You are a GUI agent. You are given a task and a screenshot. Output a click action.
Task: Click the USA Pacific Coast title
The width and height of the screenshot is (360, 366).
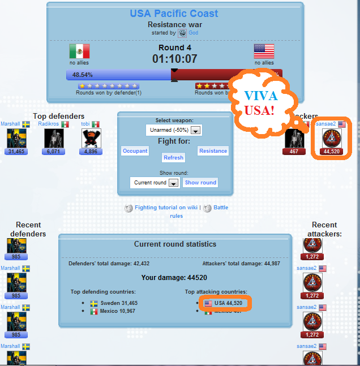tap(174, 13)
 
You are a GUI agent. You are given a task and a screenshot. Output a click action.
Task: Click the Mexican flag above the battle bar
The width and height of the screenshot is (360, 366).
tap(79, 51)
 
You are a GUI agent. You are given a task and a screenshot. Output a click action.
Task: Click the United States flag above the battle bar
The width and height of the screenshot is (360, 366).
tap(264, 51)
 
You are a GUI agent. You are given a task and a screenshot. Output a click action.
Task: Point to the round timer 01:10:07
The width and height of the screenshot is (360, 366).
tap(174, 59)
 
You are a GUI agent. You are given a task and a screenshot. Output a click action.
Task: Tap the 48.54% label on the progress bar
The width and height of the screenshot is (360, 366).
tap(83, 75)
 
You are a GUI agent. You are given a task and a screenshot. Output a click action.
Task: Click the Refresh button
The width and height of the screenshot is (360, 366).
tap(173, 158)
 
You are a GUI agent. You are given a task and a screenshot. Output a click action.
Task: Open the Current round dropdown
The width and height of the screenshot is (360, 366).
tap(155, 183)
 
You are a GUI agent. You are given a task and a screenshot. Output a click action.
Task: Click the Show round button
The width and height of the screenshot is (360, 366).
tap(200, 183)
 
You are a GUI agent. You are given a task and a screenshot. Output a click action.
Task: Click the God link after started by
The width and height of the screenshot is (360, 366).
tap(194, 33)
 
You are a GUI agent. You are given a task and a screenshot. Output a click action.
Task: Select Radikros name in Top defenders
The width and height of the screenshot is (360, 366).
tap(49, 124)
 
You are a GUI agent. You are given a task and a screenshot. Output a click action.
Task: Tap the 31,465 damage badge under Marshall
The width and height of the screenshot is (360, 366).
tap(16, 152)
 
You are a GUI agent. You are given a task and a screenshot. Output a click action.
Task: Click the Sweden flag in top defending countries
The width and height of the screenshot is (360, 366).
tap(94, 303)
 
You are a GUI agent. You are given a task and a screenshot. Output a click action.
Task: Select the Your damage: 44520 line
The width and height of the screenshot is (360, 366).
tap(174, 278)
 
